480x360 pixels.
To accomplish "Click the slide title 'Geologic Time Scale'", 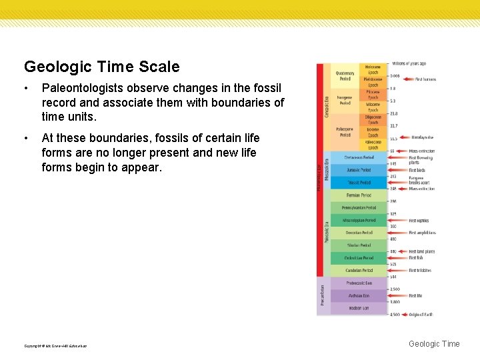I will (102, 67).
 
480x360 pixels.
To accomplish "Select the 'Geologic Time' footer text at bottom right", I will (433, 343).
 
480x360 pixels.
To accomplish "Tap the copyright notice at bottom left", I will (55, 345).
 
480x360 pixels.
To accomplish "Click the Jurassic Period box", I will (359, 170).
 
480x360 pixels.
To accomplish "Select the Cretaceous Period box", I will (359, 158).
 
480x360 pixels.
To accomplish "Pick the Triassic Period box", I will (359, 182).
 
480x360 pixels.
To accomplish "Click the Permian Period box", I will (359, 195).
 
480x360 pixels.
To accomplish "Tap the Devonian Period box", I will (359, 233).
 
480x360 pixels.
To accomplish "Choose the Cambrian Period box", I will (359, 270).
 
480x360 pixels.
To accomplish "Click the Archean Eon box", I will (359, 295).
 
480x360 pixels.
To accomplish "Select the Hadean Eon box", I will (359, 308).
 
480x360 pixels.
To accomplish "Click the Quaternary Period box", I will (345, 75).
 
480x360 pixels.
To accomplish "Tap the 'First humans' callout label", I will (425, 79).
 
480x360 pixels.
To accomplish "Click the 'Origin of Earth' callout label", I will (421, 314).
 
